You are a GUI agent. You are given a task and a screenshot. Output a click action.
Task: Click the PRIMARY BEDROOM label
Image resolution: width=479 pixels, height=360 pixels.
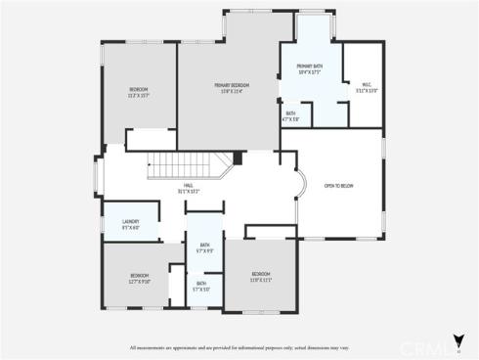[x=233, y=86]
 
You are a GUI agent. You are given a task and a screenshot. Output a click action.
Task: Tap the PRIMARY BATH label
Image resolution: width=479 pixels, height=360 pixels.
[x=312, y=66]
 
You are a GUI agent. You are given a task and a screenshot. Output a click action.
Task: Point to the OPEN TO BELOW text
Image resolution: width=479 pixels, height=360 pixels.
[x=338, y=184]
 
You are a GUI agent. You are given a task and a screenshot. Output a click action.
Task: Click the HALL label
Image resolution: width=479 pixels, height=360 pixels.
[x=188, y=185]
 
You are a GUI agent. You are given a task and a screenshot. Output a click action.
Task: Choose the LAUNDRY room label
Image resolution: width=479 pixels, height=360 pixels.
[x=130, y=221]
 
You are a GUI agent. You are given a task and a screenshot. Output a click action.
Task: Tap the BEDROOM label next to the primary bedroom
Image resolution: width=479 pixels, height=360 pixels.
[x=138, y=90]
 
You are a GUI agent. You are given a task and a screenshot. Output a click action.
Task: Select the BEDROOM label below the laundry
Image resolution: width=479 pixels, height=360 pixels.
[x=139, y=275]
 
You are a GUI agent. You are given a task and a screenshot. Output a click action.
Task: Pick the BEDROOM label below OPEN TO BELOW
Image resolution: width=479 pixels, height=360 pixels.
[x=259, y=273]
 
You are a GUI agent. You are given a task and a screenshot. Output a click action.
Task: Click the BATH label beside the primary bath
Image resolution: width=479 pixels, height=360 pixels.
[x=291, y=113]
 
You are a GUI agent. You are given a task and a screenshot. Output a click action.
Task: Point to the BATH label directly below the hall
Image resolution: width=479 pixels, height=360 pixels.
[x=204, y=245]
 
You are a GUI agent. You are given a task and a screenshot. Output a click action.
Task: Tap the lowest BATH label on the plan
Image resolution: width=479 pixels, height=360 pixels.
[x=200, y=284]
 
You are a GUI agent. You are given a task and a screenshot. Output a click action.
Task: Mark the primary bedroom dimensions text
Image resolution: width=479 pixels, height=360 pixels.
[x=233, y=92]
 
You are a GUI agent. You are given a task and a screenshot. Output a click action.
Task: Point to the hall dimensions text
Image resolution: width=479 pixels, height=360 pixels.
[x=188, y=191]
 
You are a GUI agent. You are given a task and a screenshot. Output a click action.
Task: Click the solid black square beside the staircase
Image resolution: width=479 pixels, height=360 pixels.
[x=238, y=157]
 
